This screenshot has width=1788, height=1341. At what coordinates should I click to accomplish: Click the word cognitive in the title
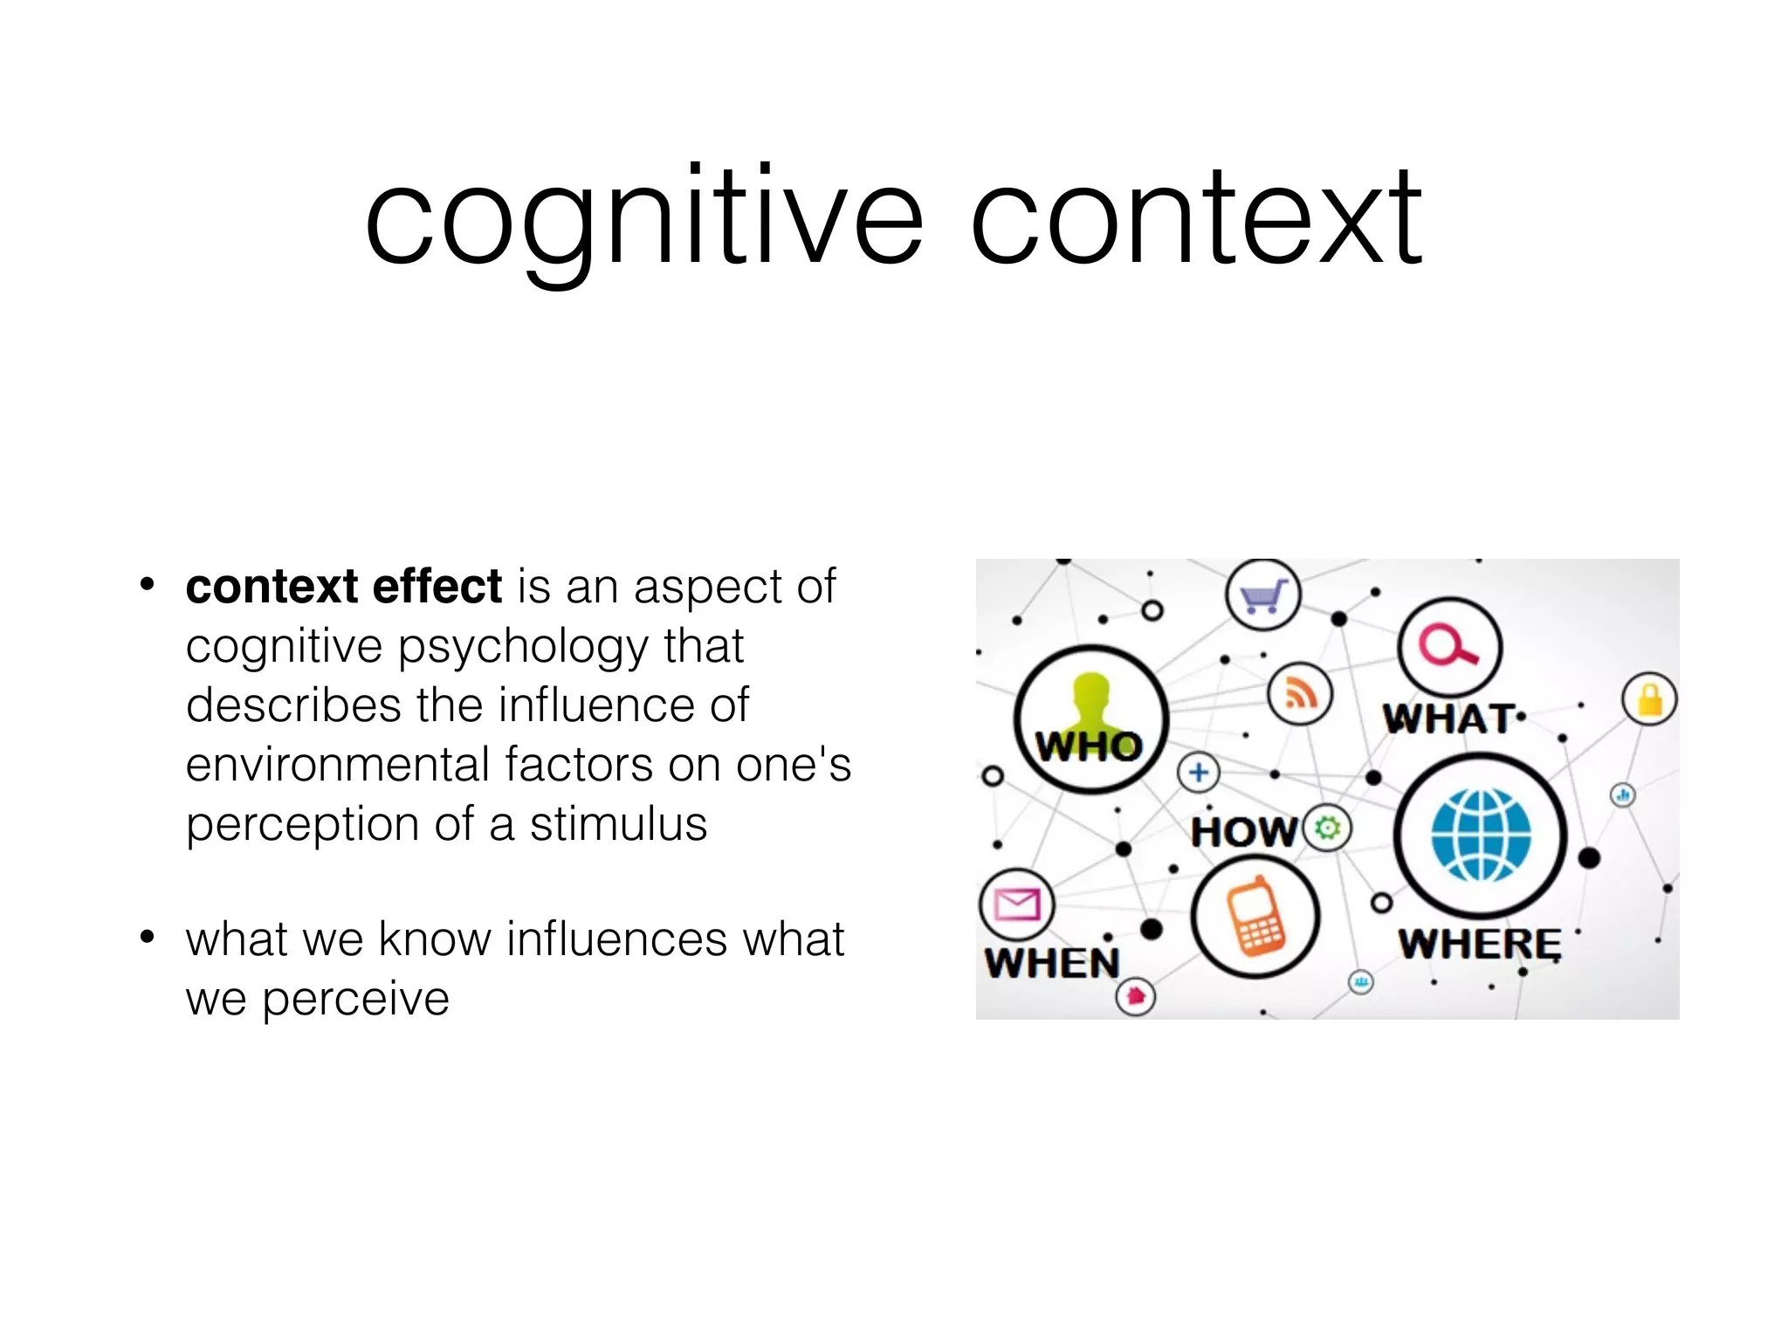pyautogui.click(x=643, y=218)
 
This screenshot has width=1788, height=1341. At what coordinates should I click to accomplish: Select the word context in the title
pyautogui.click(x=1197, y=218)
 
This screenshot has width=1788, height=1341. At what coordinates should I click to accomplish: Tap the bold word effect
pyautogui.click(x=437, y=586)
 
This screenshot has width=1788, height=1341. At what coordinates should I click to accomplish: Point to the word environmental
pyautogui.click(x=338, y=765)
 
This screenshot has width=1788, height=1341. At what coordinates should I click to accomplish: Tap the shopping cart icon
pyautogui.click(x=1263, y=596)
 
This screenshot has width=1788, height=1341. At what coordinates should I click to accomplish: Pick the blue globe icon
pyautogui.click(x=1481, y=835)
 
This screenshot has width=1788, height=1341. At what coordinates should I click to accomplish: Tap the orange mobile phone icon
pyautogui.click(x=1255, y=917)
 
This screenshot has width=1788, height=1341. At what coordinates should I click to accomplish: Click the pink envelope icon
pyautogui.click(x=1017, y=904)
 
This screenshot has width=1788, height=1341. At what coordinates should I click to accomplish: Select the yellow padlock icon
pyautogui.click(x=1649, y=699)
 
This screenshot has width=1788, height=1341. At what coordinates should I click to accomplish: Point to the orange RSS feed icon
pyautogui.click(x=1300, y=694)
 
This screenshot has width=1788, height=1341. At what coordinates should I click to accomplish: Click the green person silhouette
pyautogui.click(x=1090, y=703)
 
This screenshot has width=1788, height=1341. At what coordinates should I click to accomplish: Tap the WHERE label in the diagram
pyautogui.click(x=1480, y=944)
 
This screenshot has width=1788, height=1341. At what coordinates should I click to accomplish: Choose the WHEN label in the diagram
pyautogui.click(x=1052, y=964)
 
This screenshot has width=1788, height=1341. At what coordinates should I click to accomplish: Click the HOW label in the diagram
pyautogui.click(x=1245, y=831)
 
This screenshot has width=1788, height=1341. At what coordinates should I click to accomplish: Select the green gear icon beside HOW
pyautogui.click(x=1327, y=827)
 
